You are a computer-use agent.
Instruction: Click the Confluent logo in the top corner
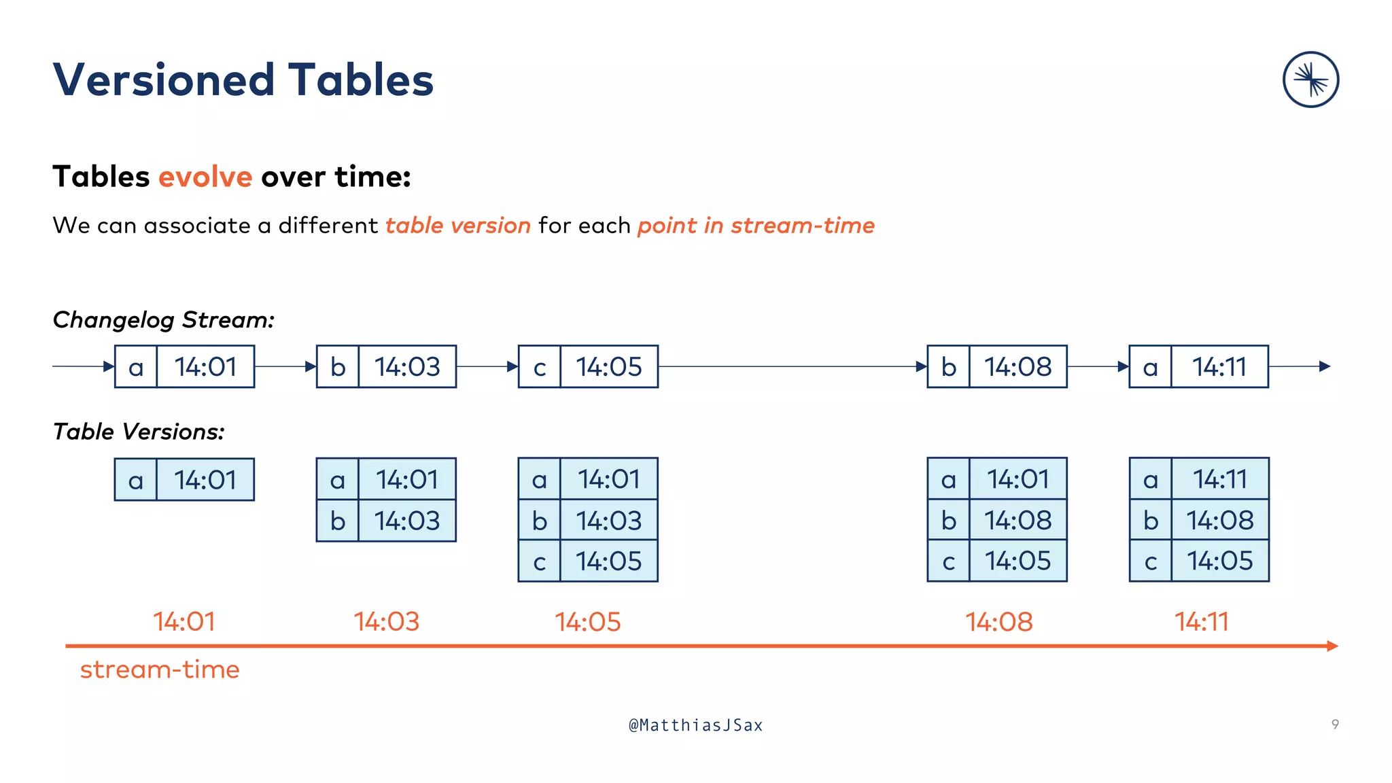1310,80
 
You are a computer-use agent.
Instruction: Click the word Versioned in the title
163,80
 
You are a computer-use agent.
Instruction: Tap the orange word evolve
205,177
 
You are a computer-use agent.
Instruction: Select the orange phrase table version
457,225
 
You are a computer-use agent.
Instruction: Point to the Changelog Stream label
163,319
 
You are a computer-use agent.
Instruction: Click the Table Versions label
139,432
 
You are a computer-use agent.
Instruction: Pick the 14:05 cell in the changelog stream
608,367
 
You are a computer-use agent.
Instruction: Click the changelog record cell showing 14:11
1219,367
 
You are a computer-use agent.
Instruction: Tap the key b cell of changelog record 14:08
948,367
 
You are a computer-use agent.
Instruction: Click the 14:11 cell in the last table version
1219,479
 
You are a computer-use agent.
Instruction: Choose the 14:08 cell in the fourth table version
1017,520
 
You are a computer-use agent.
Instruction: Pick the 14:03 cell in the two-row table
406,521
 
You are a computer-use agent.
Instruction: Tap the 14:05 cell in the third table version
608,561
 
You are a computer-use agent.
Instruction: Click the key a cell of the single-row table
136,480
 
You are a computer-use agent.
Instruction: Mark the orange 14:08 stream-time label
999,621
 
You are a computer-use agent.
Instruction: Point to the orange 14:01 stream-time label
184,621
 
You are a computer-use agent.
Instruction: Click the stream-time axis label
160,669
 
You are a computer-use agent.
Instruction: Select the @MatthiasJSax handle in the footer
696,725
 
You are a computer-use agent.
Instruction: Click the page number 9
1335,725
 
